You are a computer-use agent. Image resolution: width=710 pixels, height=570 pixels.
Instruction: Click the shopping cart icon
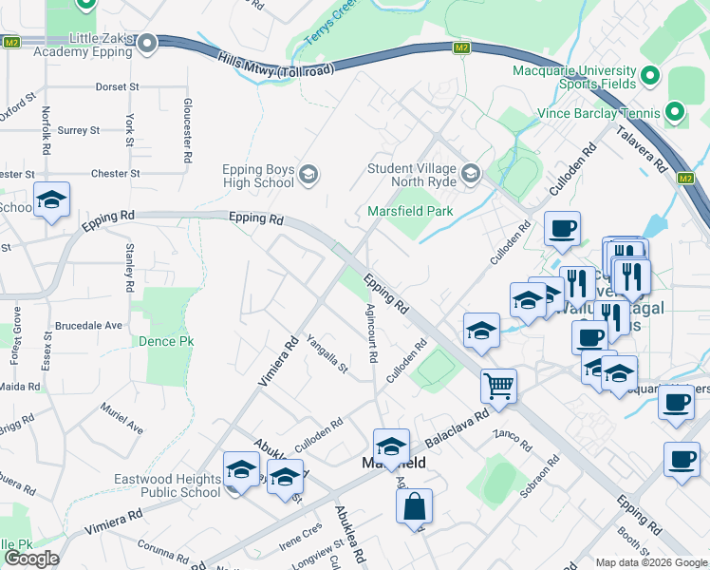(x=498, y=386)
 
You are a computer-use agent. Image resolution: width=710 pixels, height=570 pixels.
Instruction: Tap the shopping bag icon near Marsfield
(x=415, y=505)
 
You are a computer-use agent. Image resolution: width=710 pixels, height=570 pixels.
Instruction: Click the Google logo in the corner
(x=31, y=559)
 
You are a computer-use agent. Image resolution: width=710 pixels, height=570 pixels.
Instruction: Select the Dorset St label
(x=117, y=86)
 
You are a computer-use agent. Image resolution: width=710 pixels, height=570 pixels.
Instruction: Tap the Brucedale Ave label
(x=88, y=325)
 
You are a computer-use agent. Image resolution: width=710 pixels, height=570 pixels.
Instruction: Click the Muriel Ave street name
(x=122, y=417)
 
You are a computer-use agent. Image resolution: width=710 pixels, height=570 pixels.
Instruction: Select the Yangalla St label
(x=327, y=353)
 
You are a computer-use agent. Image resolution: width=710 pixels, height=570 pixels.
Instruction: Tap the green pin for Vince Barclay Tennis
(x=675, y=112)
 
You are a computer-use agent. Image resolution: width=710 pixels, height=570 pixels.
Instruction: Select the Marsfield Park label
(x=411, y=211)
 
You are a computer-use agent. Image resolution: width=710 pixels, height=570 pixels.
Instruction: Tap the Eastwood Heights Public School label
(x=167, y=486)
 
